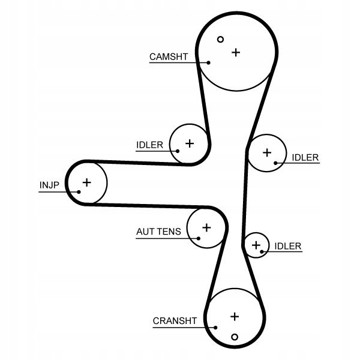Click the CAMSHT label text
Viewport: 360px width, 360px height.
click(x=169, y=57)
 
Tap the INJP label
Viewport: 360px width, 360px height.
click(x=49, y=185)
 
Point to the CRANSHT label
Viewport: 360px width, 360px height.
click(x=175, y=321)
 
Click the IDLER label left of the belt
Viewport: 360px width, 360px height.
click(x=149, y=145)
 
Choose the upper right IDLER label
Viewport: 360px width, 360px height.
click(x=305, y=158)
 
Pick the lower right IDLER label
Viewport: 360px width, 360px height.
click(x=287, y=246)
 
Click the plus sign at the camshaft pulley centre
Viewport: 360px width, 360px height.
click(x=236, y=52)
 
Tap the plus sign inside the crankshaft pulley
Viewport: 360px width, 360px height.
click(x=235, y=316)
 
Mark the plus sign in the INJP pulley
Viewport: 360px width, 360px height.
click(x=86, y=182)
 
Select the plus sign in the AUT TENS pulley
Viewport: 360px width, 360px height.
click(x=206, y=227)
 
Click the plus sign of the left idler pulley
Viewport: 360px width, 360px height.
click(x=190, y=143)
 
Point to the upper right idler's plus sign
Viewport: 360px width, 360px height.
click(x=267, y=152)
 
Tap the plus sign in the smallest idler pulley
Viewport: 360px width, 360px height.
click(x=256, y=244)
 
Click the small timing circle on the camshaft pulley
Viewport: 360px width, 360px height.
click(x=220, y=40)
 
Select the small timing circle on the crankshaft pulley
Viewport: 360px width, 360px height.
click(x=235, y=336)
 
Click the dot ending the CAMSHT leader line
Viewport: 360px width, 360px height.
click(x=209, y=62)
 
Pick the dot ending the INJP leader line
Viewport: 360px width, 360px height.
click(x=79, y=192)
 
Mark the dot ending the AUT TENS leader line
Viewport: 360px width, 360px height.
click(x=196, y=238)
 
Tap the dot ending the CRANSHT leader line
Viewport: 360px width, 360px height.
click(x=216, y=328)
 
